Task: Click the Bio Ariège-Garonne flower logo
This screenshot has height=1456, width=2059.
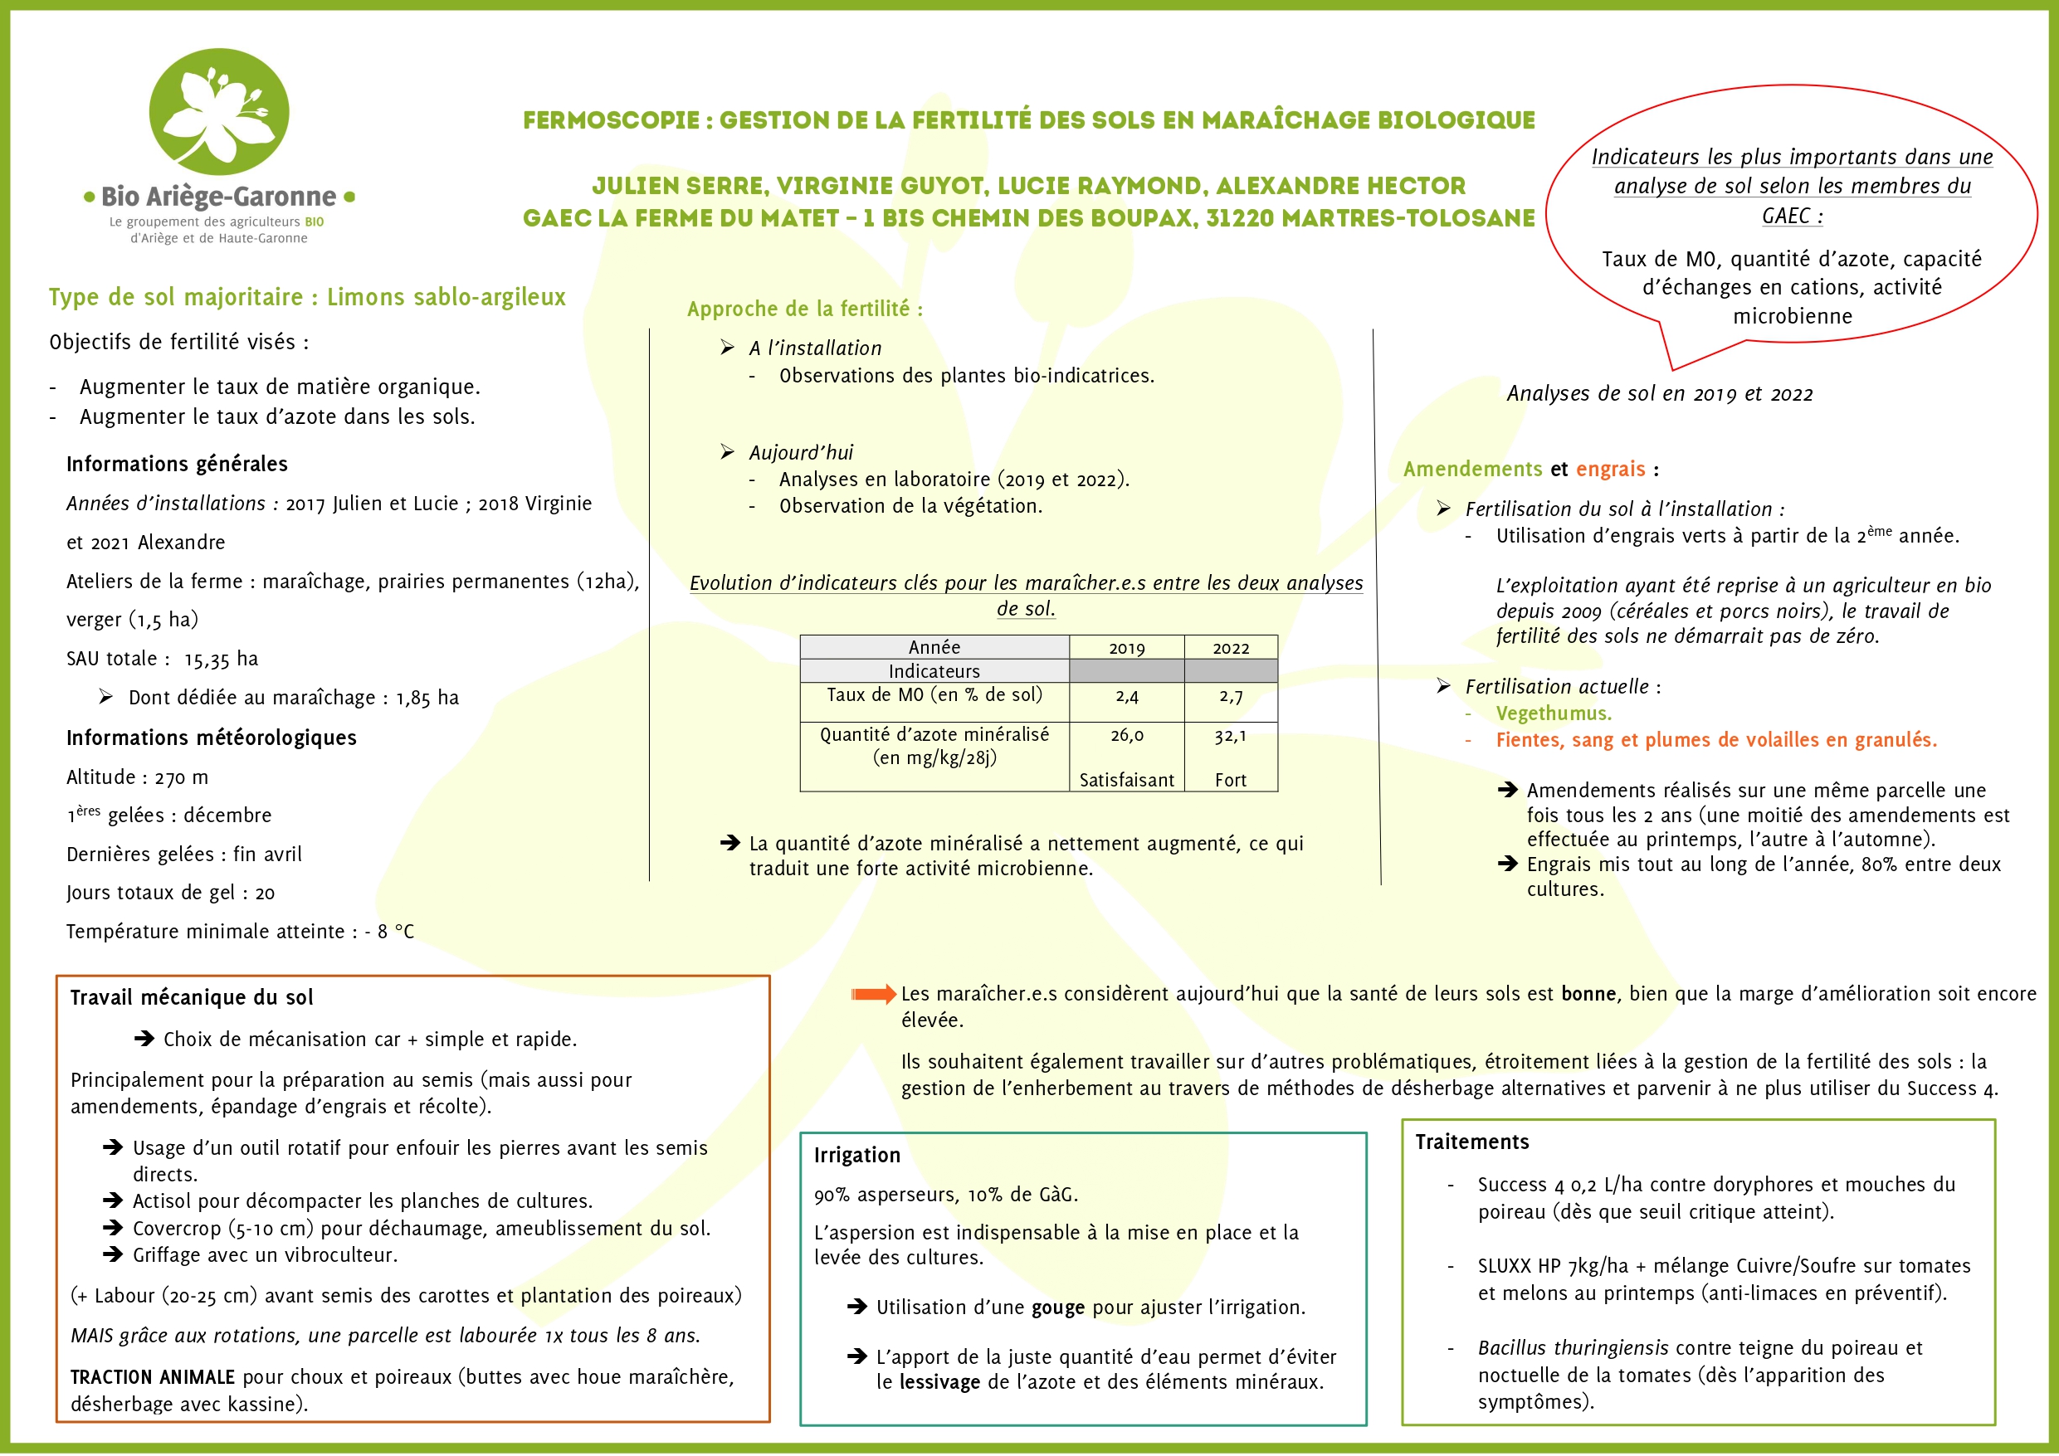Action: coord(219,112)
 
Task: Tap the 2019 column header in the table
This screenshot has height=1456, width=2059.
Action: coord(1126,648)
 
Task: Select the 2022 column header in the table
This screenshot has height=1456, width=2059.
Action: coord(1231,648)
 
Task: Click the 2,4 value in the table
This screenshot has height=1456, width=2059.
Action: coord(1126,696)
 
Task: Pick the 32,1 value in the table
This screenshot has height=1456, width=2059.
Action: coord(1231,736)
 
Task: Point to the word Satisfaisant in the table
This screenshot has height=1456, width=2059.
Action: coord(1126,780)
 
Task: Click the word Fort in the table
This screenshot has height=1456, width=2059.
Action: coord(1231,780)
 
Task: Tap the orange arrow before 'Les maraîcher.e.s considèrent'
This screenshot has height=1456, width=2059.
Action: coord(872,993)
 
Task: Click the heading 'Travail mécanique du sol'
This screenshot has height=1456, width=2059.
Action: coord(192,997)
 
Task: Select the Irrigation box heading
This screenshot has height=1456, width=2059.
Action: coord(856,1155)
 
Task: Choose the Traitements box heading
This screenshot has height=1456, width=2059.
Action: coord(1471,1142)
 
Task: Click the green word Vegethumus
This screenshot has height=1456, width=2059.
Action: coord(1554,713)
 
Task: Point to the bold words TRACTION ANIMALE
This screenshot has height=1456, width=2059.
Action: coord(153,1377)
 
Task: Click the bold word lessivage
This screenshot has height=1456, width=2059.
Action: coord(939,1381)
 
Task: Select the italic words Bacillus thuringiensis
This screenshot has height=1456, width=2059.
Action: coord(1573,1347)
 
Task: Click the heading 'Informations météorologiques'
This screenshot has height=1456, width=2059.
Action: coord(212,738)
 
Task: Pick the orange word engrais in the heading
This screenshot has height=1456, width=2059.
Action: coord(1611,469)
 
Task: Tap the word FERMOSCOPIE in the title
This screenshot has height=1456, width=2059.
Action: coord(611,120)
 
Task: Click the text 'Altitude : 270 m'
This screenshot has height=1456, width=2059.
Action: coord(137,777)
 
